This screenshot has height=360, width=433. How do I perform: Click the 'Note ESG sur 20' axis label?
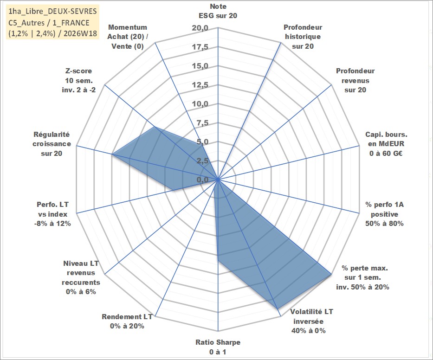(218, 11)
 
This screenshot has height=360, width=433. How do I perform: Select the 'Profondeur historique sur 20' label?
(303, 37)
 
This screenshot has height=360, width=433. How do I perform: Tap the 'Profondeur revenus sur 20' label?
(355, 80)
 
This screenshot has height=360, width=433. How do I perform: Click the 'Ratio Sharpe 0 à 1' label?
(218, 347)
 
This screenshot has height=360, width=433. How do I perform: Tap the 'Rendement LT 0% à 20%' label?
(127, 321)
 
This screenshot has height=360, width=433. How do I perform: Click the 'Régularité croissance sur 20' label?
(52, 144)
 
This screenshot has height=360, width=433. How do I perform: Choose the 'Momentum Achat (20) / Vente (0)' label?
(127, 37)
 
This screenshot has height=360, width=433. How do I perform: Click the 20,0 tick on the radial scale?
(200, 28)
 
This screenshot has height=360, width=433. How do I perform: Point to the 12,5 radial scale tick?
(200, 85)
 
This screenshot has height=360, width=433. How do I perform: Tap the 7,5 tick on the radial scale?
(202, 123)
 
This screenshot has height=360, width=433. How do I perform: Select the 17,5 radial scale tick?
(200, 47)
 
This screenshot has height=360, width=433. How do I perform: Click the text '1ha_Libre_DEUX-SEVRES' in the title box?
(52, 11)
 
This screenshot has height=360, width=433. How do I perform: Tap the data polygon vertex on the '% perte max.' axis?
(331, 274)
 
